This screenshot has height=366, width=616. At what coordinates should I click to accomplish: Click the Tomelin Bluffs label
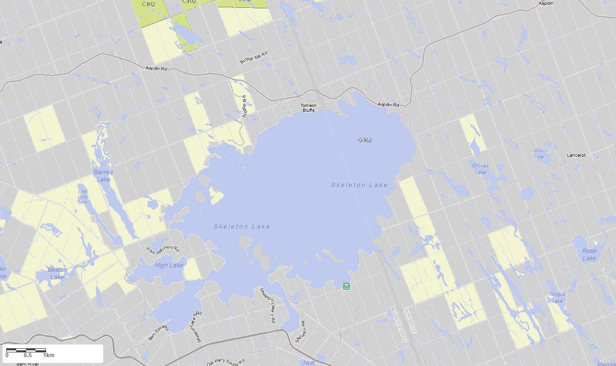[308, 108]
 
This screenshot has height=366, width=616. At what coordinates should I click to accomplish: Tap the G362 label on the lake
[365, 140]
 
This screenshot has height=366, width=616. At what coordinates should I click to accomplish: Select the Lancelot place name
[576, 155]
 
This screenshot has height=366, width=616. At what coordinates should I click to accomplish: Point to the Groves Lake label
[480, 169]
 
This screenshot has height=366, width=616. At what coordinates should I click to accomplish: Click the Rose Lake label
[589, 255]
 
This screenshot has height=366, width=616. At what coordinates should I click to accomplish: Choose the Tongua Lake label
[557, 298]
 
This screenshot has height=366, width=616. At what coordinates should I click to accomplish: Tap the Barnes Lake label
[103, 176]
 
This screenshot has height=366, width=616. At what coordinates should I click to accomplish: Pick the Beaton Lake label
[57, 273]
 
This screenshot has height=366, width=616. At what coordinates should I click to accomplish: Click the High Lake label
[169, 266]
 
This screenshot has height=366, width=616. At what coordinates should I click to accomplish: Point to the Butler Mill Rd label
[254, 58]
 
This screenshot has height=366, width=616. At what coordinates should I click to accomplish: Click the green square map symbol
[346, 286]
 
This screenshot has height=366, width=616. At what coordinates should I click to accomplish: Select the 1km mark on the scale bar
[49, 356]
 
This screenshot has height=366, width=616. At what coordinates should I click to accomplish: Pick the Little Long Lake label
[83, 196]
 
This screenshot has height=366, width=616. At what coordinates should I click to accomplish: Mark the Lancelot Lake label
[540, 154]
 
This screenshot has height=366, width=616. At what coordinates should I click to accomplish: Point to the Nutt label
[308, 362]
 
